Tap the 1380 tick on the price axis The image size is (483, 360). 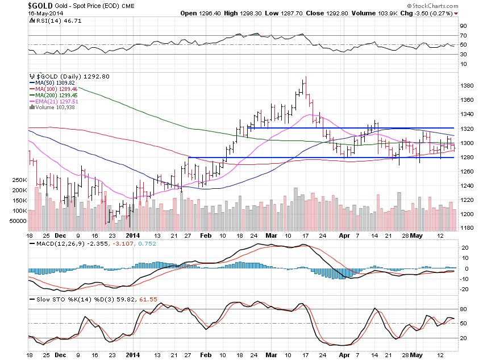[467, 86]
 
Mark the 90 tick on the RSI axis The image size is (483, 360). [464, 26]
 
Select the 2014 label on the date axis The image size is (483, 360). [132, 235]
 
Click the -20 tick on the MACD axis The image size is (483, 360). [464, 289]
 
